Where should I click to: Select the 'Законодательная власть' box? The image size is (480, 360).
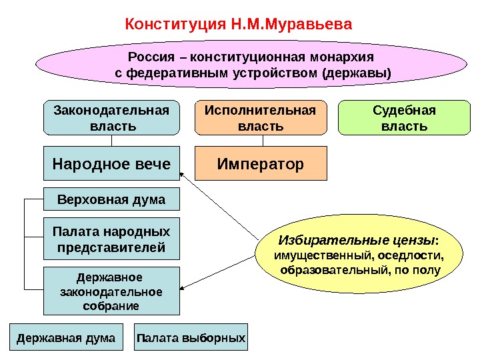click(x=112, y=117)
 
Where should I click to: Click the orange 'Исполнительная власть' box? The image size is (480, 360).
click(x=262, y=117)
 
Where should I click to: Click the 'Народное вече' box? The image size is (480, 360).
click(x=112, y=164)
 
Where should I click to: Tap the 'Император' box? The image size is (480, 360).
click(x=262, y=164)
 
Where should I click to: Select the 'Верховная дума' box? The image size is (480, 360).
click(x=112, y=199)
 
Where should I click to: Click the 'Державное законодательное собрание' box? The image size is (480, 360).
click(x=112, y=291)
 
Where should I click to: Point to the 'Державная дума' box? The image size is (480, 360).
click(x=66, y=338)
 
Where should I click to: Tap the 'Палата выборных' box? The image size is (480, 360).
click(x=191, y=338)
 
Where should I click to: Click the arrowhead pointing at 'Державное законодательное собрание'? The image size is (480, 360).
click(x=184, y=288)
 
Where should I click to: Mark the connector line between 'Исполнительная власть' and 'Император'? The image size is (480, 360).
click(x=262, y=141)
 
